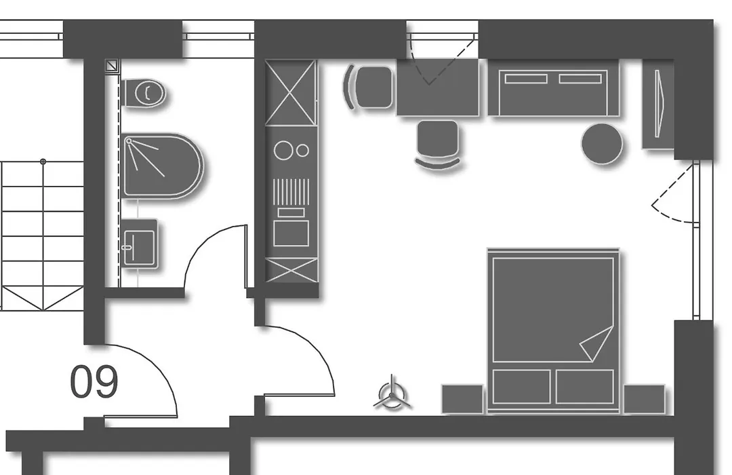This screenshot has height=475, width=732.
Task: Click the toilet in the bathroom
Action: tap(144, 93)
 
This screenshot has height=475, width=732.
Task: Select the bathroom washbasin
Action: tap(139, 244)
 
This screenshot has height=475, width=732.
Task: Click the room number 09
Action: tap(94, 382)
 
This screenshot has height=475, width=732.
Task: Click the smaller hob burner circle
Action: tap(302, 151)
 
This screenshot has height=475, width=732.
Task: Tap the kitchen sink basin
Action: tap(291, 233)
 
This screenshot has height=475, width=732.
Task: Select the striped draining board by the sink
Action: tap(291, 191)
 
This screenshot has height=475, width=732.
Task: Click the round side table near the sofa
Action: tap(603, 144)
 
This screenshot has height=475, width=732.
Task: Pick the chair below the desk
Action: tap(437, 142)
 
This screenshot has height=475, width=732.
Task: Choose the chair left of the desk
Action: tap(369, 88)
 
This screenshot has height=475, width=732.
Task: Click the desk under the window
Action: tap(438, 88)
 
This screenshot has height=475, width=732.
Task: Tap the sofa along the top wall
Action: tap(554, 88)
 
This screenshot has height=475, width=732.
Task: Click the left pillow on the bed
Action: tap(521, 387)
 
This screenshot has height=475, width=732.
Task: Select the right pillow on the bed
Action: tap(585, 387)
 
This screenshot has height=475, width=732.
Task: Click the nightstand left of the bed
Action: tap(462, 399)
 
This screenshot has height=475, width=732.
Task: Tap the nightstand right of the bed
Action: tap(645, 399)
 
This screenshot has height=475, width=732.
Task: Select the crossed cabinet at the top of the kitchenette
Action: tap(291, 92)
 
